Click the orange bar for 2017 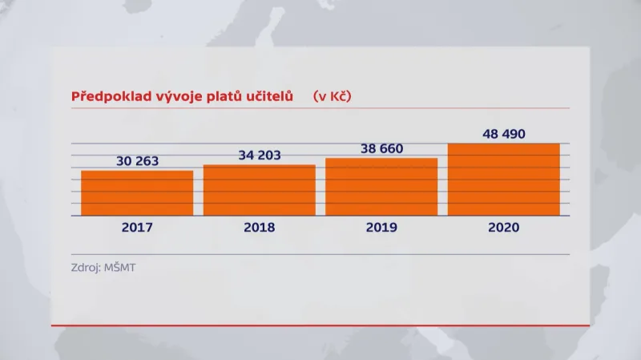pyautogui.click(x=137, y=192)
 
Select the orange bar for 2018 pyautogui.click(x=259, y=190)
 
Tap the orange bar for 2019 pyautogui.click(x=381, y=187)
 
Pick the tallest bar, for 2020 pyautogui.click(x=503, y=179)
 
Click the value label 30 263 pyautogui.click(x=137, y=160)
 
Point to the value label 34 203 pyautogui.click(x=259, y=155)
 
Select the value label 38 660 pyautogui.click(x=381, y=148)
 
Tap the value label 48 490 pyautogui.click(x=503, y=134)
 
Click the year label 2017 pyautogui.click(x=137, y=227)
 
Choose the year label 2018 pyautogui.click(x=259, y=227)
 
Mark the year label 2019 pyautogui.click(x=381, y=227)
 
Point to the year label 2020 pyautogui.click(x=503, y=227)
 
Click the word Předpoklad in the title pyautogui.click(x=105, y=96)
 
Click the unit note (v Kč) pyautogui.click(x=333, y=96)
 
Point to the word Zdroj pyautogui.click(x=87, y=267)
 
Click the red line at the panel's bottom pyautogui.click(x=320, y=326)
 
